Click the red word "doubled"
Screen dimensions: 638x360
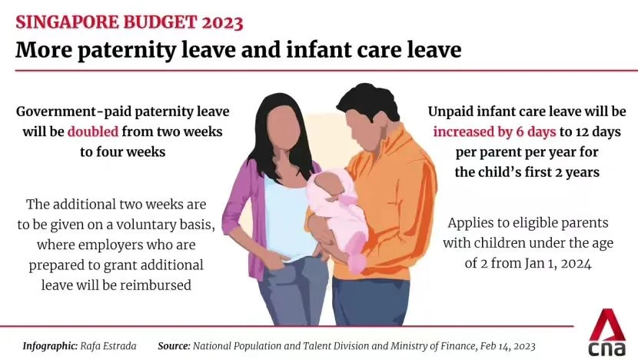click(93, 132)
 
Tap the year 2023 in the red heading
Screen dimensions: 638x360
click(222, 22)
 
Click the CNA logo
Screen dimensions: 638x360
click(607, 332)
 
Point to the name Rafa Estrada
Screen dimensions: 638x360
click(108, 346)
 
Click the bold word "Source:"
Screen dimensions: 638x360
click(174, 346)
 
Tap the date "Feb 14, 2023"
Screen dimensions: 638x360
click(508, 346)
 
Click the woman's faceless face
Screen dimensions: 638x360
click(284, 126)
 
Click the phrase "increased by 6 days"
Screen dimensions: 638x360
click(494, 132)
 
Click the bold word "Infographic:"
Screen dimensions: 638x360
click(50, 346)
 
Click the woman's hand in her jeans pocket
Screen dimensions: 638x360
click(281, 261)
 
